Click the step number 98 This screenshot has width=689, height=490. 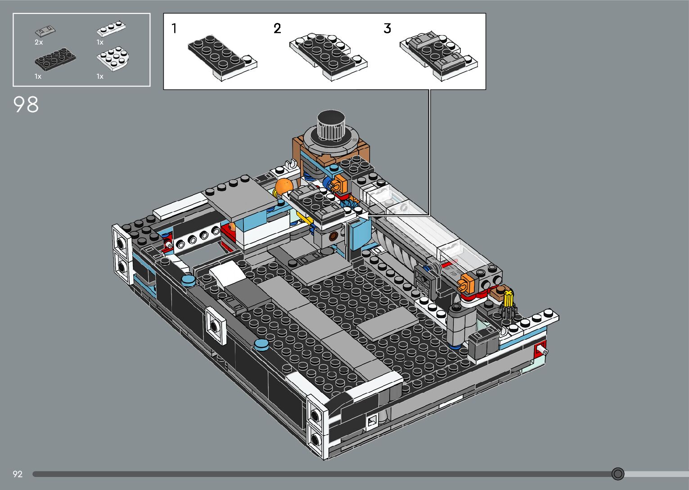pyautogui.click(x=26, y=104)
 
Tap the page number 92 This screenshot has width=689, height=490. pyautogui.click(x=18, y=474)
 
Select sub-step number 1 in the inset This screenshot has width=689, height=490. pyautogui.click(x=174, y=28)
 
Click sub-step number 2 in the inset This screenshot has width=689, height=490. pyautogui.click(x=277, y=28)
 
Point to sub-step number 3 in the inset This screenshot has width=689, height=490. pyautogui.click(x=387, y=28)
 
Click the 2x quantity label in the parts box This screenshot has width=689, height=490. pyautogui.click(x=38, y=42)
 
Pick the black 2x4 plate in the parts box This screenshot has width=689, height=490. pyautogui.click(x=55, y=59)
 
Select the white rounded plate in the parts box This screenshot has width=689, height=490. pyautogui.click(x=113, y=59)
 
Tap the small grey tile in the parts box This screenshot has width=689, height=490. pyautogui.click(x=45, y=31)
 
